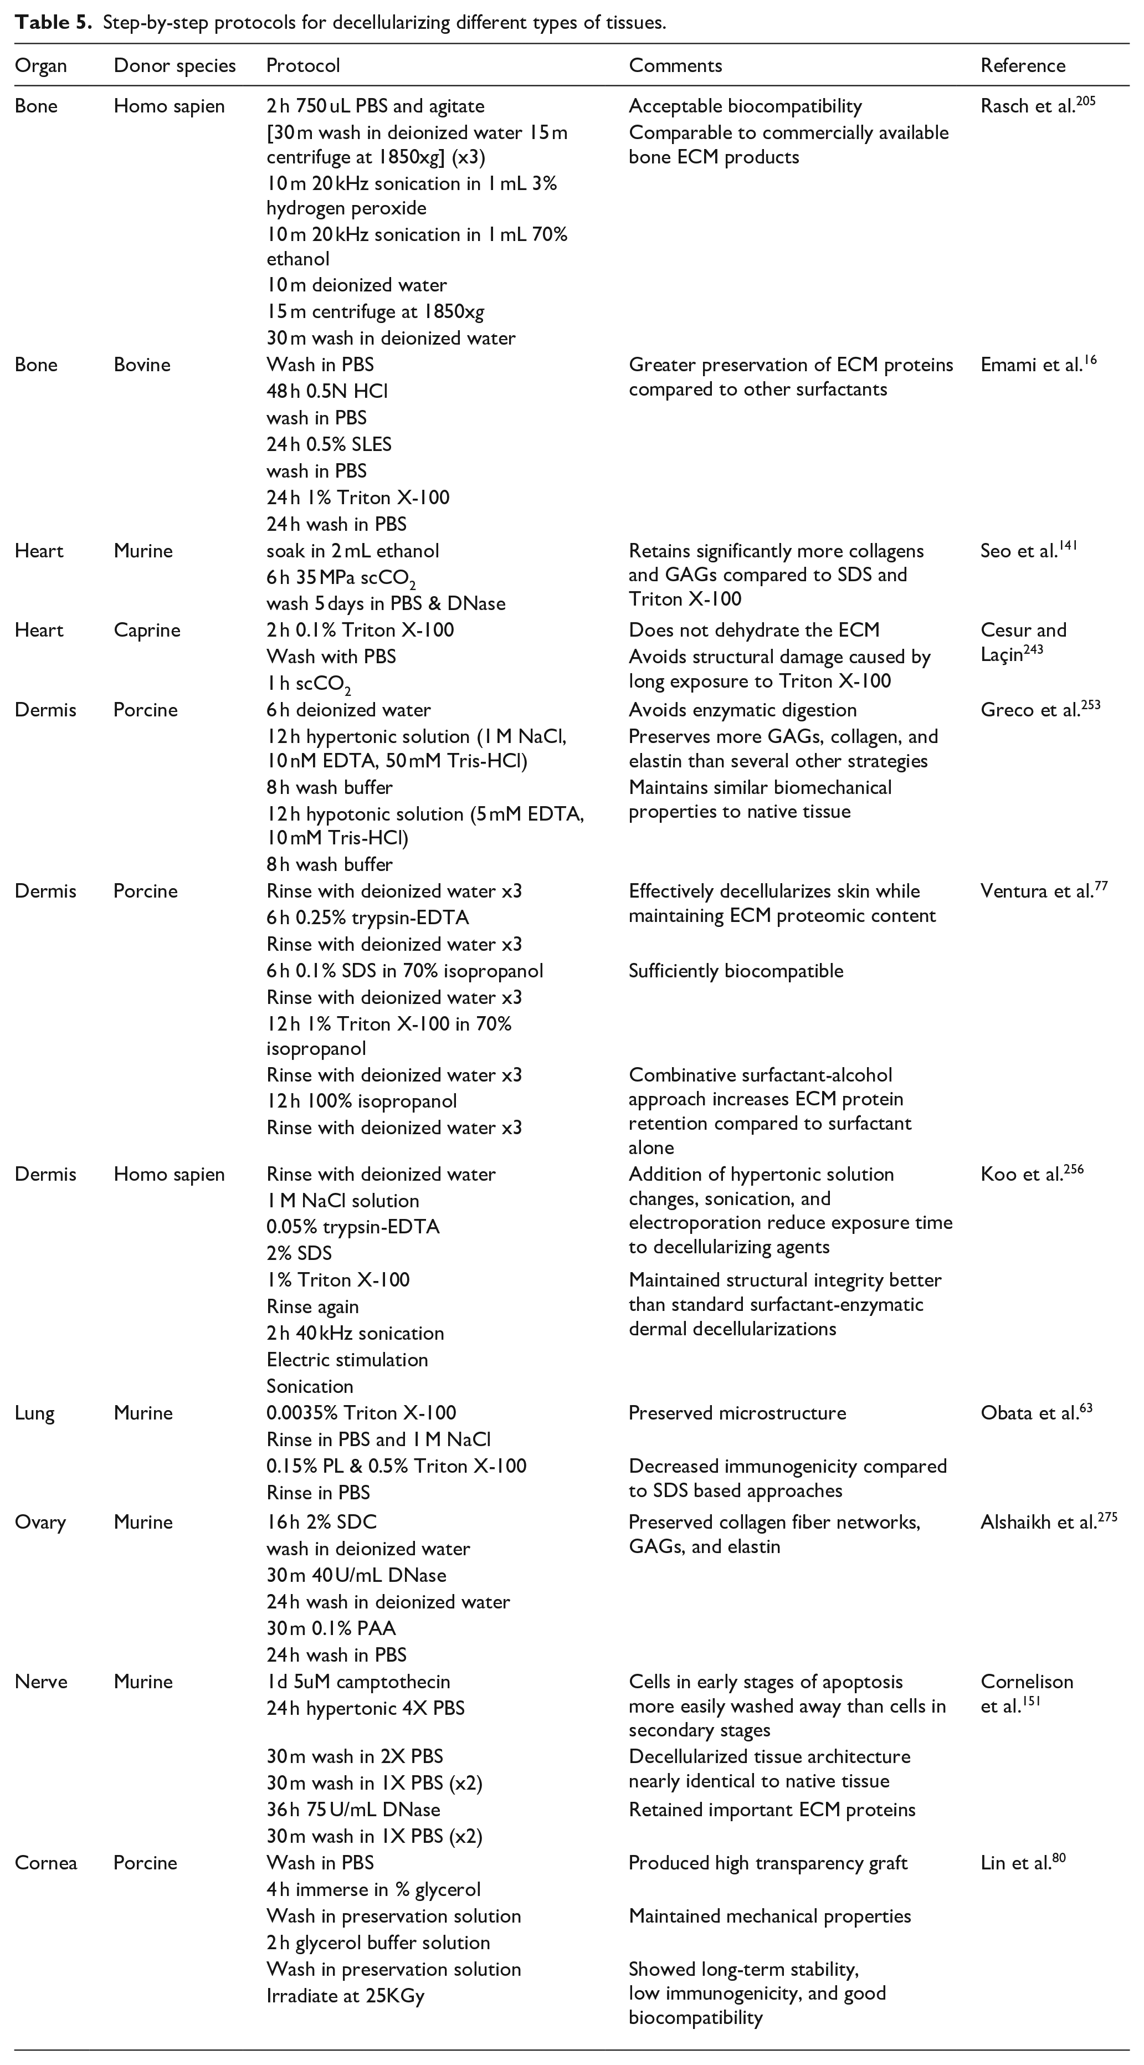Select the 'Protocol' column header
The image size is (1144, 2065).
click(x=303, y=66)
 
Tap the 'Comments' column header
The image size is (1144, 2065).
click(x=675, y=66)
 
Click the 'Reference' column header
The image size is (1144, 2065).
click(x=1022, y=66)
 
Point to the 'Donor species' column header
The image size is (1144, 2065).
click(x=175, y=66)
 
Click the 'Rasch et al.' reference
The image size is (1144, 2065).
click(x=1028, y=106)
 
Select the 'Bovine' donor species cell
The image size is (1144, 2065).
click(x=142, y=365)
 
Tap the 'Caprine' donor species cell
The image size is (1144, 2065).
click(x=147, y=630)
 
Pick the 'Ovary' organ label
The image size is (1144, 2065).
click(x=40, y=1521)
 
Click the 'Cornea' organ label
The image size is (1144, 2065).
click(x=45, y=1862)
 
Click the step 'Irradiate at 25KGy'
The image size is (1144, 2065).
click(x=345, y=1995)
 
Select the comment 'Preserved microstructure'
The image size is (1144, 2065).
click(x=737, y=1412)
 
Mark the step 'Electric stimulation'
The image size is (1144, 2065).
click(x=347, y=1360)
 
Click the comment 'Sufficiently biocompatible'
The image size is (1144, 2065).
click(x=736, y=971)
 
